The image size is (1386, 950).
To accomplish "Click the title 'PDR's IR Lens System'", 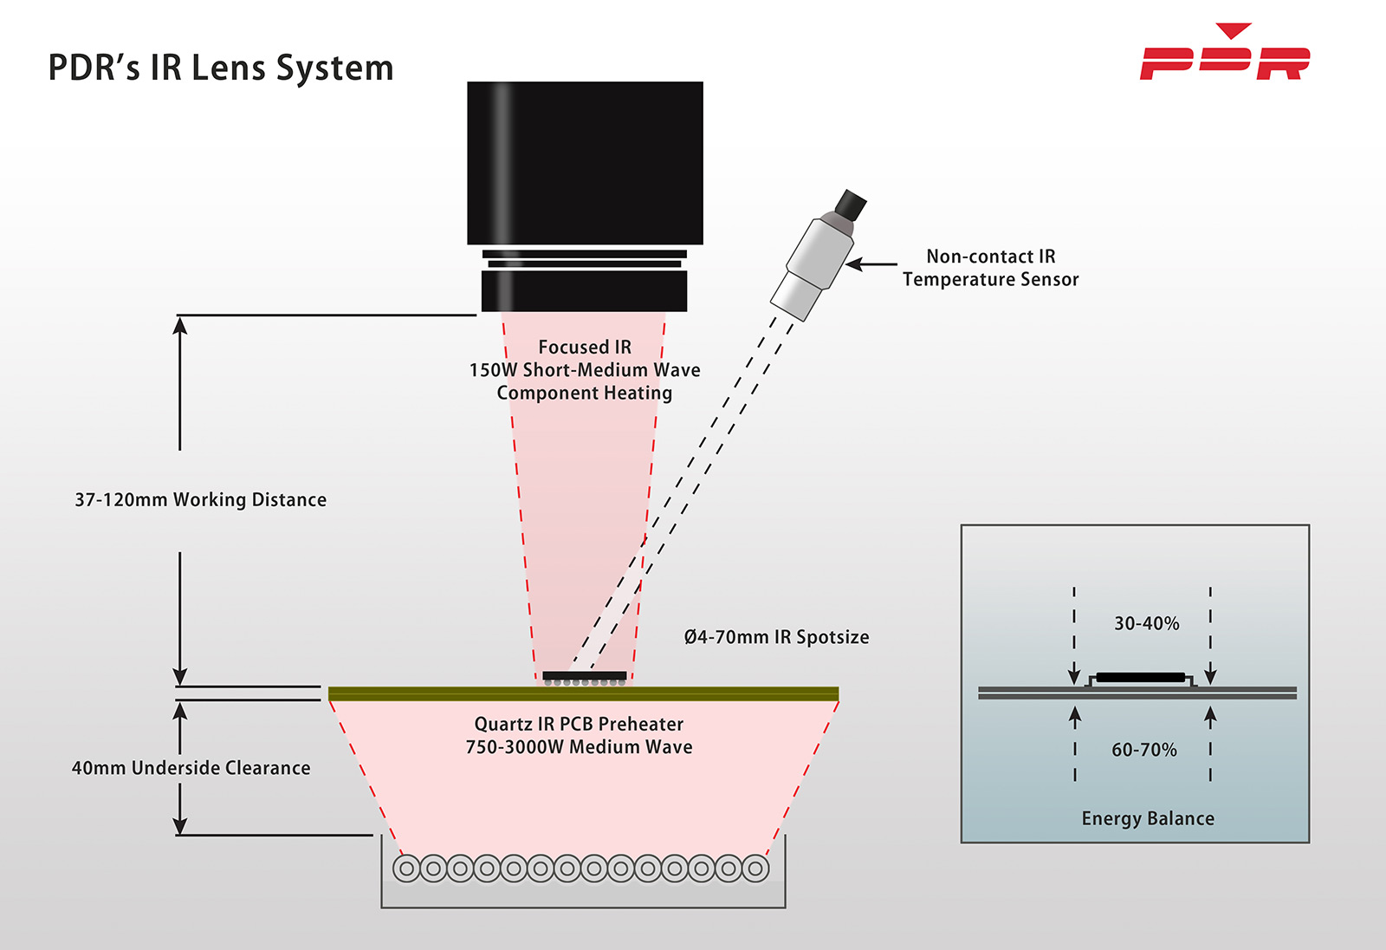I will click(x=221, y=68).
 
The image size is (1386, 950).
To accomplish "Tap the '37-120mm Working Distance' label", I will click(x=200, y=500).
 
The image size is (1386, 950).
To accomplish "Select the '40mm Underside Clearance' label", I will click(x=191, y=768).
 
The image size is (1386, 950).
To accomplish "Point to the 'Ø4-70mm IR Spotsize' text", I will click(x=776, y=637).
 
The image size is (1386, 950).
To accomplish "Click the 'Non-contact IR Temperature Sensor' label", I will click(x=990, y=268).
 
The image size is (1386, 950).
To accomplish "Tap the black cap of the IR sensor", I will click(x=851, y=205).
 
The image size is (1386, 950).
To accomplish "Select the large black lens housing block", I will click(x=585, y=163).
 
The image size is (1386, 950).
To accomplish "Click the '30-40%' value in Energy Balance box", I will click(x=1146, y=623).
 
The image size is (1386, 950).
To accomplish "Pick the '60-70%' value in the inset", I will click(x=1143, y=750).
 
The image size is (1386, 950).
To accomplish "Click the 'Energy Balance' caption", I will click(x=1148, y=818).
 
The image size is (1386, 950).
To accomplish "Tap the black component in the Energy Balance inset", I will click(x=1140, y=677).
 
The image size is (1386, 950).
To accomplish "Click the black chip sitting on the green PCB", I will click(x=585, y=675).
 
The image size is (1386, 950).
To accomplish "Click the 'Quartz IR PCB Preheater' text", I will click(x=579, y=724).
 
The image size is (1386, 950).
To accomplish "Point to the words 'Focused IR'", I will click(x=585, y=347).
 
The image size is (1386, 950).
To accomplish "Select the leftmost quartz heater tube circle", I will click(x=406, y=868).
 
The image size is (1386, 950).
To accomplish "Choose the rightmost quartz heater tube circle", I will click(x=755, y=868).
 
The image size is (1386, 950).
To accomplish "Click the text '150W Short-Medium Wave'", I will click(x=585, y=370).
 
